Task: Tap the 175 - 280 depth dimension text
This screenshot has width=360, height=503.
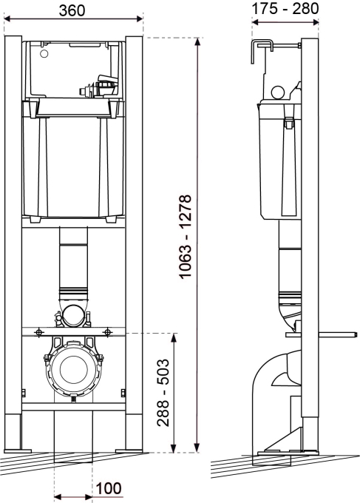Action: [x=285, y=8]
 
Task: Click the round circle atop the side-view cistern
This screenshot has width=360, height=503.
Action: [x=278, y=92]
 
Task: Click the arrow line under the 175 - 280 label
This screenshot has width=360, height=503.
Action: [x=285, y=22]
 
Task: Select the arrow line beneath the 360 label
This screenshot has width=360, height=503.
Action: [x=72, y=22]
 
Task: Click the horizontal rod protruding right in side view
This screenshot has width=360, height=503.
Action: [x=336, y=333]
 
